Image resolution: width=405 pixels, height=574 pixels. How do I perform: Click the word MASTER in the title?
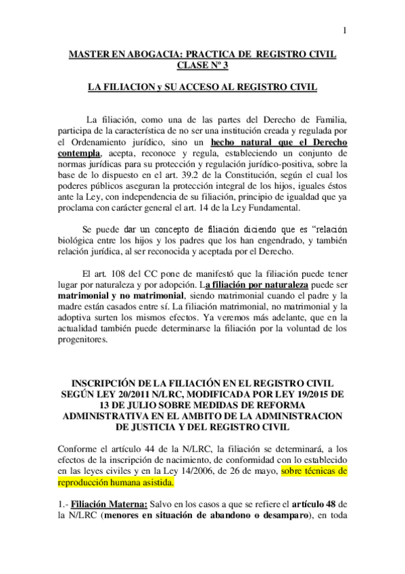coord(89,53)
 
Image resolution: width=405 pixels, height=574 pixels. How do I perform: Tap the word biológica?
coord(78,241)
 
